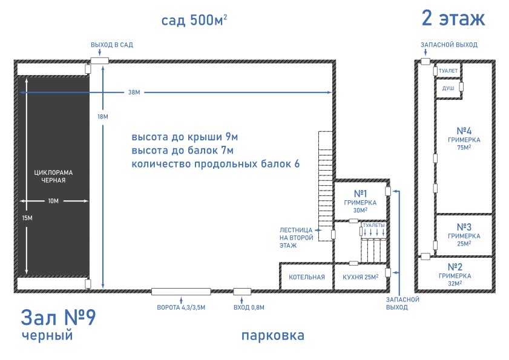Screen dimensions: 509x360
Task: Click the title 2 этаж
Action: click(x=453, y=18)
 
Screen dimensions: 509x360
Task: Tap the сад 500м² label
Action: click(x=194, y=20)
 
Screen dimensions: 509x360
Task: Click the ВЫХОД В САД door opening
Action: click(x=99, y=61)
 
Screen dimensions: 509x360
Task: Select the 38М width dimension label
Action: click(x=134, y=92)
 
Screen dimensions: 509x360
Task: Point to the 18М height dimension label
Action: click(x=103, y=117)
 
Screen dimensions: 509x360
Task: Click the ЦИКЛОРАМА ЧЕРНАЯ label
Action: click(x=53, y=176)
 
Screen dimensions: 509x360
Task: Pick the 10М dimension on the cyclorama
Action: click(x=53, y=201)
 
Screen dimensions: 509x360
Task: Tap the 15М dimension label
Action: click(x=27, y=218)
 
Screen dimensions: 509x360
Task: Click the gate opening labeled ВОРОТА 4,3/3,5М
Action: click(x=181, y=292)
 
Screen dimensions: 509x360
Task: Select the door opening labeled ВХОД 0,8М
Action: click(x=242, y=292)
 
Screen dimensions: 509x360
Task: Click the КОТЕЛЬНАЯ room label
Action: click(x=307, y=277)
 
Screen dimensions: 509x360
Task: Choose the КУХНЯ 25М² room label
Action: click(x=361, y=277)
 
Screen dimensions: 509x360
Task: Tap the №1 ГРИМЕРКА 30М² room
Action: click(x=360, y=201)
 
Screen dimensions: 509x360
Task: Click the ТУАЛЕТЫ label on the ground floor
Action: click(x=373, y=225)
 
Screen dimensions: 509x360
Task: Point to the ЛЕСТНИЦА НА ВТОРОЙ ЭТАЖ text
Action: click(x=296, y=238)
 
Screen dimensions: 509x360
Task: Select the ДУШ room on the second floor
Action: click(x=448, y=88)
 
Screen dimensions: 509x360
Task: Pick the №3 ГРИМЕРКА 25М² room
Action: click(x=464, y=235)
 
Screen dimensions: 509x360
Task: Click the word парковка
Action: click(x=273, y=336)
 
